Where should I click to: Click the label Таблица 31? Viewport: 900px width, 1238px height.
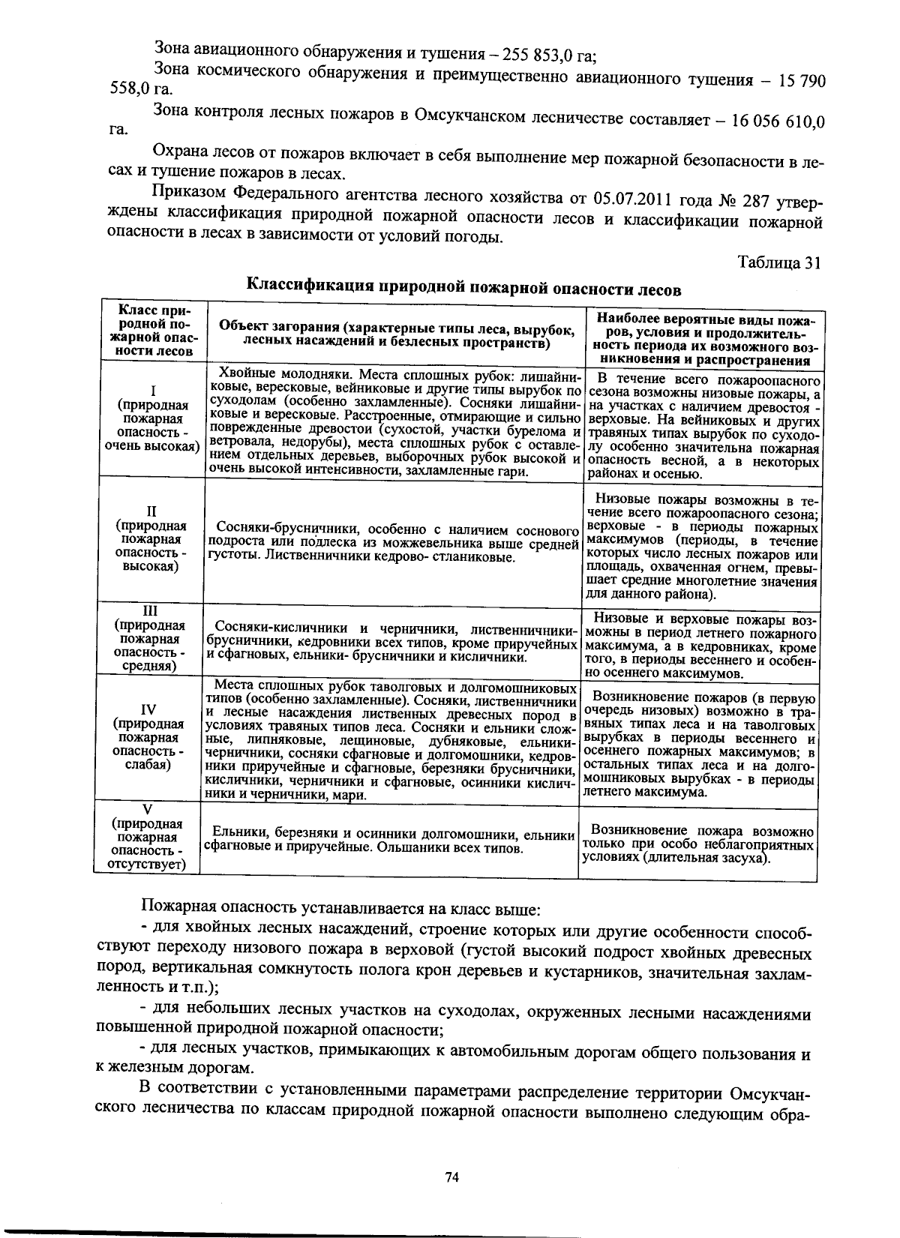(779, 262)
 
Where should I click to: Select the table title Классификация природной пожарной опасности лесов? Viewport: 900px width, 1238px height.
(465, 286)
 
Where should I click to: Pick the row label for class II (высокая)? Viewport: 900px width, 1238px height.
(151, 538)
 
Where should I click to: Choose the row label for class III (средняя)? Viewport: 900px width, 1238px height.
(150, 638)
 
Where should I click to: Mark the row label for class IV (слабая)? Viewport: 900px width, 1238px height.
(150, 738)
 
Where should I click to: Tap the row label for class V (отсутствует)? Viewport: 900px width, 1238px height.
(148, 837)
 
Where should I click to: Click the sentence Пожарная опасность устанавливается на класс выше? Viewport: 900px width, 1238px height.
(340, 910)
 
